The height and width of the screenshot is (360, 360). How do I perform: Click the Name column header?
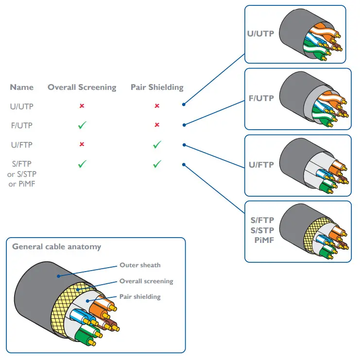coord(21,87)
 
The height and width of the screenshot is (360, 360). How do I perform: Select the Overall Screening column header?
coord(82,87)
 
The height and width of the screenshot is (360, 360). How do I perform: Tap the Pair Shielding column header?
coord(157,87)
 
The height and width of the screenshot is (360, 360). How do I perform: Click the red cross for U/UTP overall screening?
coord(82,106)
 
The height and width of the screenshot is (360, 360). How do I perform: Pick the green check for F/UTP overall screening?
coord(82,125)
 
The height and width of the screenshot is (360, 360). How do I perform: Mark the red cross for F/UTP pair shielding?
coord(157,125)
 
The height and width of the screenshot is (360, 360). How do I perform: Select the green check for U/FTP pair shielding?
coord(157,145)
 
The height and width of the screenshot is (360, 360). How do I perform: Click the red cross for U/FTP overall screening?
coord(82,144)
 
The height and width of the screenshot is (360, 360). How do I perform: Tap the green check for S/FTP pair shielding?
coord(157,164)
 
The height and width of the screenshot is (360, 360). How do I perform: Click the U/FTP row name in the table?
coord(21,145)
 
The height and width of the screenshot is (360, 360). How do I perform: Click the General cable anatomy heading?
coord(56,247)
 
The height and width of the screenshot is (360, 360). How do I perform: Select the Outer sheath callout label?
coord(140,265)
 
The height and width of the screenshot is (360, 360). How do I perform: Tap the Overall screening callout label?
coord(146,281)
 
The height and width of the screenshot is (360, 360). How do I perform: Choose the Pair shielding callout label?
coord(140,297)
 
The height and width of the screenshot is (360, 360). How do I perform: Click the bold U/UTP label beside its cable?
coord(260,34)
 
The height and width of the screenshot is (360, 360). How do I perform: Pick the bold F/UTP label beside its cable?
coord(261,98)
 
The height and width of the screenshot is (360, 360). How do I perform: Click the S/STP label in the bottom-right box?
coord(262,230)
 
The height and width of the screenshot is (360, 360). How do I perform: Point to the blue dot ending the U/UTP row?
coord(184,104)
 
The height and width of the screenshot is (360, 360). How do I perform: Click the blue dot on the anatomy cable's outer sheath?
coord(59,276)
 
